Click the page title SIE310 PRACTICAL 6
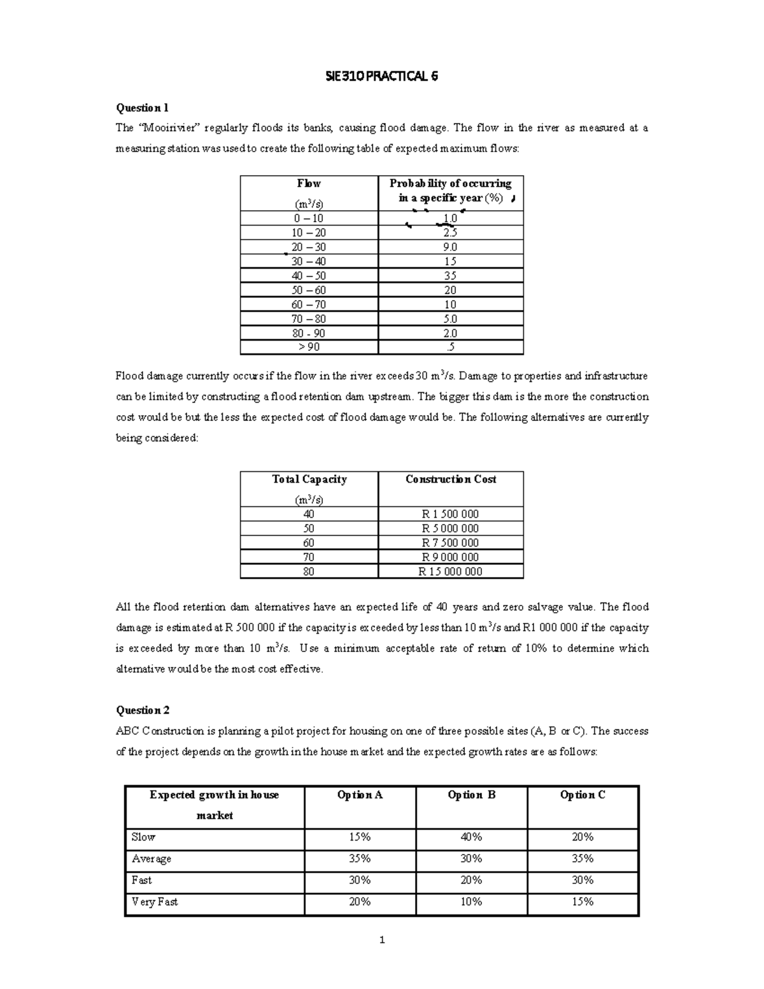(x=381, y=77)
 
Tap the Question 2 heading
(x=142, y=710)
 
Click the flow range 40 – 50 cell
(x=309, y=276)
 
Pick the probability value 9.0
(x=450, y=247)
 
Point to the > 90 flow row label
(x=309, y=347)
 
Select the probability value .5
(x=450, y=347)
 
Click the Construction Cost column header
(x=450, y=480)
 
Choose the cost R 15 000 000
(x=450, y=571)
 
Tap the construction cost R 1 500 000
(x=450, y=514)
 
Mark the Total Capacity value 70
(x=309, y=557)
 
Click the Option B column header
(x=471, y=795)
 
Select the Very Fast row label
(x=155, y=902)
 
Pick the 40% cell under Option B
(x=471, y=837)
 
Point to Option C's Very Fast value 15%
(x=583, y=902)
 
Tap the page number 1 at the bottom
(x=381, y=940)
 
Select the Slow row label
(x=143, y=837)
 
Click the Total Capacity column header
(x=309, y=480)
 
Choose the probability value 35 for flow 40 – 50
(x=450, y=276)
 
